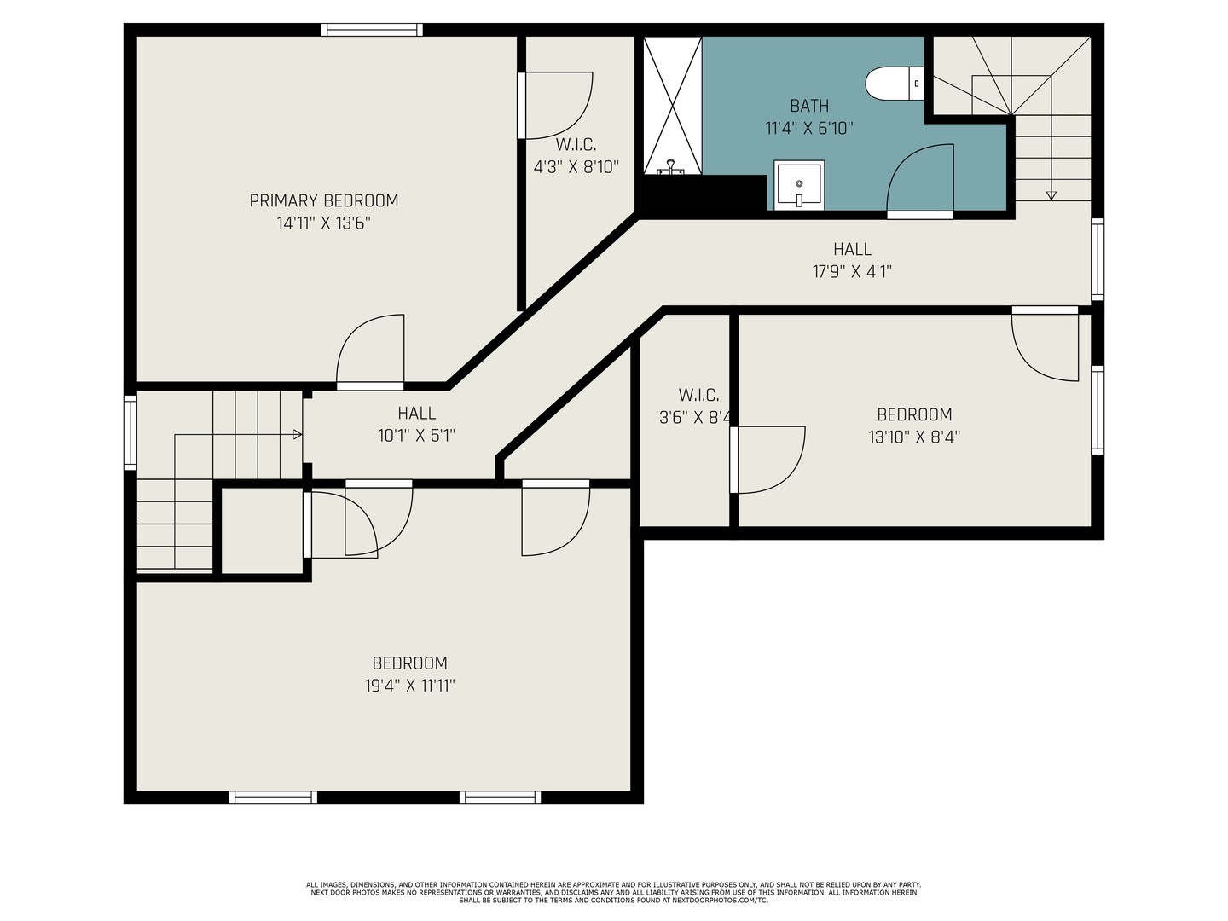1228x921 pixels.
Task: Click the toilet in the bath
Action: tap(894, 84)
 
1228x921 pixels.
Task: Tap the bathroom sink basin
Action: tap(799, 185)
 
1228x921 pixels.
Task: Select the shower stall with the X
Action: tap(672, 106)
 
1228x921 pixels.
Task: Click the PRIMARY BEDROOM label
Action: tap(324, 200)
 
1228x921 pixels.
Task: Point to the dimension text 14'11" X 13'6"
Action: tap(324, 223)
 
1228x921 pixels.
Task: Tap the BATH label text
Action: tap(809, 105)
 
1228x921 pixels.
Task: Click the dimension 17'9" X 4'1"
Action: tap(852, 272)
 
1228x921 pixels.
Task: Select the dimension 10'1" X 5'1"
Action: tap(417, 436)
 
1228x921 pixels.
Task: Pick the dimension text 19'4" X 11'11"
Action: tap(409, 686)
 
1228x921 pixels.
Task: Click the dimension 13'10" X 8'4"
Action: tap(914, 437)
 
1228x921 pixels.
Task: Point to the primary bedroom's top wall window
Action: tap(372, 30)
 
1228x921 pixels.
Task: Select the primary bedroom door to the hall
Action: tap(370, 351)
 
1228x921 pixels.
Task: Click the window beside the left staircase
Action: tap(130, 432)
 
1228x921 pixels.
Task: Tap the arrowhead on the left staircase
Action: tap(298, 435)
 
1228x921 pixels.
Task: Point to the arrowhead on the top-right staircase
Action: tap(1051, 196)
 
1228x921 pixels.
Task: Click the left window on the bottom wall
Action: tap(273, 797)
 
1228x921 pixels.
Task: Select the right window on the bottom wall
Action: tap(500, 797)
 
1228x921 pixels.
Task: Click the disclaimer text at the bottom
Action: tap(614, 893)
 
